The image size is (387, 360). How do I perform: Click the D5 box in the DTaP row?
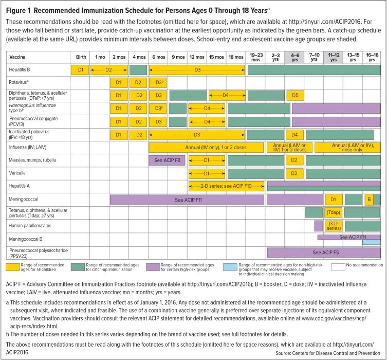(294, 95)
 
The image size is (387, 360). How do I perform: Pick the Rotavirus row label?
(17, 82)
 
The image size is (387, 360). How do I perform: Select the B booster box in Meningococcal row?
(368, 199)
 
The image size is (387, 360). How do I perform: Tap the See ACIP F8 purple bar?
(167, 160)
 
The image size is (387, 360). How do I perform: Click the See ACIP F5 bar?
(324, 253)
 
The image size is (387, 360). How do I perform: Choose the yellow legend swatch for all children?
(16, 266)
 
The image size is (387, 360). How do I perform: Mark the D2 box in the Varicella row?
(294, 173)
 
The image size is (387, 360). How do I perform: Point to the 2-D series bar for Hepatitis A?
(226, 186)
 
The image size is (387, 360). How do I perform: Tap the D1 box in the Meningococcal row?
(333, 199)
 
